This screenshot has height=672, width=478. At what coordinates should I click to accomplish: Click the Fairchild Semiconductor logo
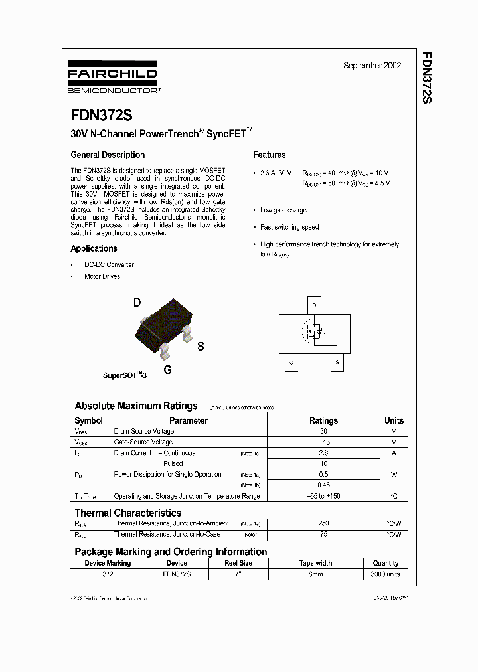click(x=113, y=79)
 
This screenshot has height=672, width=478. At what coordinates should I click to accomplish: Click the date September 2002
click(x=372, y=66)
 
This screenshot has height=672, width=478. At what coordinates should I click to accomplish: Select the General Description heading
click(x=108, y=155)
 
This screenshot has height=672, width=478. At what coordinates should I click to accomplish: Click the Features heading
click(x=270, y=155)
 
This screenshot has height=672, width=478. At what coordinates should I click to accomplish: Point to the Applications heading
click(x=94, y=248)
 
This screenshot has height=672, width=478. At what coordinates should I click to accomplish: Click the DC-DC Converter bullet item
click(x=109, y=264)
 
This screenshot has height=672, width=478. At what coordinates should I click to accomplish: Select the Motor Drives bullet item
click(x=102, y=276)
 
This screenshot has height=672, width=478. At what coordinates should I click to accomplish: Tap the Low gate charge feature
click(x=283, y=210)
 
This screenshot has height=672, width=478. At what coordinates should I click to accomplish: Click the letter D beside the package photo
click(x=137, y=303)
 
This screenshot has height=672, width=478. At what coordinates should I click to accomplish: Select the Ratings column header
click(x=323, y=420)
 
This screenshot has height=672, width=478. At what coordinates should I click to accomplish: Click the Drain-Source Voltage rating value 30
click(x=323, y=431)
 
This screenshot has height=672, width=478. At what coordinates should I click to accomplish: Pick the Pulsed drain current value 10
click(x=323, y=463)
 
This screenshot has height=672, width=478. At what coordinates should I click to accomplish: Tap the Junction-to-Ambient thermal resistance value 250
click(x=323, y=523)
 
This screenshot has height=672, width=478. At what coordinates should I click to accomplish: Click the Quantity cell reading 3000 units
click(x=386, y=574)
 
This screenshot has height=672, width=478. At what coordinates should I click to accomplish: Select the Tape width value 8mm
click(x=316, y=574)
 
